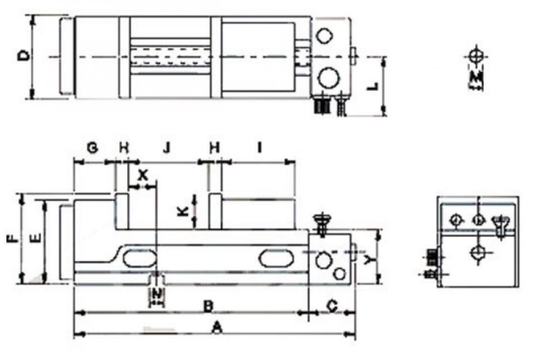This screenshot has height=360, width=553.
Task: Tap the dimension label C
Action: pyautogui.click(x=332, y=304)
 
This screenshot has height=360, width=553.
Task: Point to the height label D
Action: pyautogui.click(x=24, y=56)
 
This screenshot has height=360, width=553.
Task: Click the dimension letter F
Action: pyautogui.click(x=11, y=237)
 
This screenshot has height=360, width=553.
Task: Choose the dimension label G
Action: pyautogui.click(x=92, y=148)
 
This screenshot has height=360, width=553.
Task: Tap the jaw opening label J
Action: pyautogui.click(x=165, y=148)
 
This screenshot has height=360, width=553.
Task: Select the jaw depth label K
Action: pyautogui.click(x=182, y=212)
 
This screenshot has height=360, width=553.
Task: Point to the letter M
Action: pyautogui.click(x=476, y=80)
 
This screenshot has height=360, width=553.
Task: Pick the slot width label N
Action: pyautogui.click(x=157, y=295)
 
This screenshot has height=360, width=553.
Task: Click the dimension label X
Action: pyautogui.click(x=142, y=174)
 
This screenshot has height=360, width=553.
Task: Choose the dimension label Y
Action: pyautogui.click(x=370, y=258)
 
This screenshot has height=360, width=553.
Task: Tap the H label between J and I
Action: pyautogui.click(x=213, y=148)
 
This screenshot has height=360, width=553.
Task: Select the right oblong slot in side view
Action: pyautogui.click(x=273, y=259)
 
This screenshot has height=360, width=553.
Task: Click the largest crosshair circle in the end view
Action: pyautogui.click(x=477, y=253)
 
